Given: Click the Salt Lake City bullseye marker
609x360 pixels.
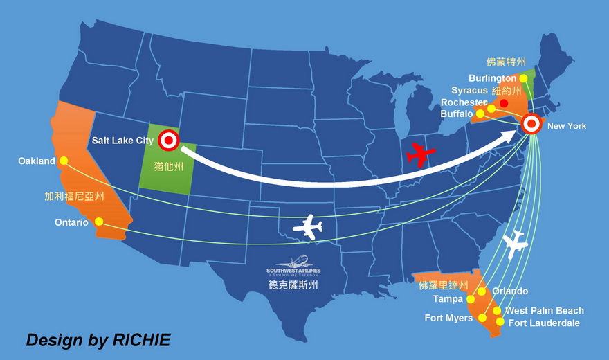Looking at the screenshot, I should (168, 141).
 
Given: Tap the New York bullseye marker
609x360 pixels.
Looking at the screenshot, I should (531, 124).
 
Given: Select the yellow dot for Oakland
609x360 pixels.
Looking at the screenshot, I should (64, 161).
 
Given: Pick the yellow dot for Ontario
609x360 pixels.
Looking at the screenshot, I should (99, 222).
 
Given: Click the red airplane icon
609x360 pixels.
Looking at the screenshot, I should (419, 154).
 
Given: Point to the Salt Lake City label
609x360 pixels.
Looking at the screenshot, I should (122, 141).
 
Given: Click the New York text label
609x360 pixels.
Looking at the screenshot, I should (566, 126).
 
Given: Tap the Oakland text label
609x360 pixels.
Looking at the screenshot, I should (37, 161).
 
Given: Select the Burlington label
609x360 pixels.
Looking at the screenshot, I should (492, 78).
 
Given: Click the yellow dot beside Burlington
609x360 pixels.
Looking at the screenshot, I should (523, 78).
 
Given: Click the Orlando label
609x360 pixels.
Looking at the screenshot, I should (510, 291).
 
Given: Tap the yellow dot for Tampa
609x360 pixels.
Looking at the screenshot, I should (471, 300).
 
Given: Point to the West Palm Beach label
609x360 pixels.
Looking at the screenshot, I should (544, 311).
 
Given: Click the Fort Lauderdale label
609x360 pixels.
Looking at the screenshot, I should (544, 323).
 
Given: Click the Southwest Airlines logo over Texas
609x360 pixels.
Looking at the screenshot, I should (293, 266).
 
